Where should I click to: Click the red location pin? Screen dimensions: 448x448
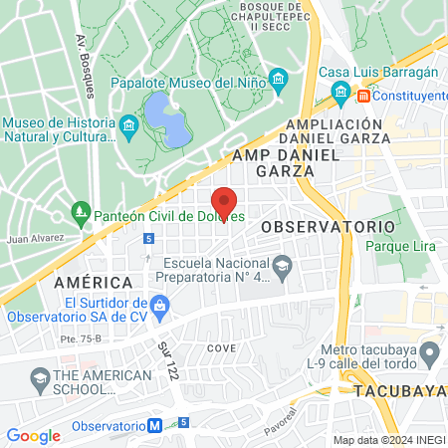coord(224,200)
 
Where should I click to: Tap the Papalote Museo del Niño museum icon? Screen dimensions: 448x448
coord(280,79)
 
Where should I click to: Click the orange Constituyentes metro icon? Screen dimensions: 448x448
coord(364,96)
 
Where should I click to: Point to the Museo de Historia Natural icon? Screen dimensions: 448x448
coord(127,125)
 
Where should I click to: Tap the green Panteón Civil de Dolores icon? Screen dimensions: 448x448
coord(81,212)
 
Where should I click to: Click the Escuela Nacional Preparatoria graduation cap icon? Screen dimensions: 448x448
coord(284,265)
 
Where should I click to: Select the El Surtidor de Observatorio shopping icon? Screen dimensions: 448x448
coord(159,303)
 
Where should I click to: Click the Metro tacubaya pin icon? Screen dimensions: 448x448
coord(430,352)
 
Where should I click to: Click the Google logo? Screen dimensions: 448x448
coord(34,435)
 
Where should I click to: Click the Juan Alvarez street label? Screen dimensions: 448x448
coord(35,239)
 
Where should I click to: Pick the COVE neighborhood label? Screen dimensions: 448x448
coord(221,348)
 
